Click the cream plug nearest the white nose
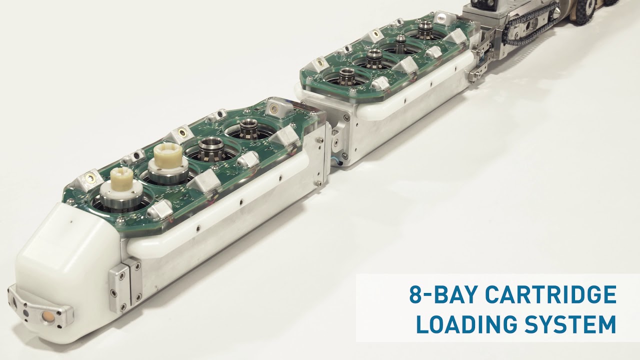(120, 179)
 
